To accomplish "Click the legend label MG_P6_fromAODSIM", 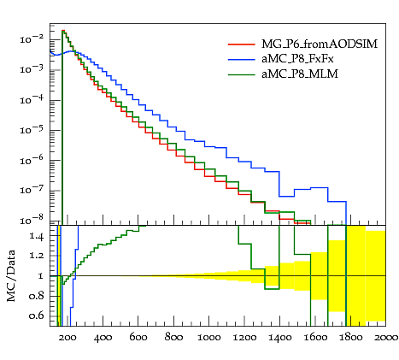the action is tap(320, 44).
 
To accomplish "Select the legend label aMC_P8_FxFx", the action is tap(297, 59).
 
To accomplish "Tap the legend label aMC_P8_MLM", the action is tap(300, 74).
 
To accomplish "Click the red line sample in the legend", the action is tap(242, 44).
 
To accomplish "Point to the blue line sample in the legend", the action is tap(242, 59).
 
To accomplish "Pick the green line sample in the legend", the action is tap(242, 74).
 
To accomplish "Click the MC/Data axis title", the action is tap(11, 275).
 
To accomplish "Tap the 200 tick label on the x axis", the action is tap(67, 338).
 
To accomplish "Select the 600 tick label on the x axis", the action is tap(138, 338).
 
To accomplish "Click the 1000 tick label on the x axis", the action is tap(208, 338).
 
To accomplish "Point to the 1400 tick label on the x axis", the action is tap(279, 338).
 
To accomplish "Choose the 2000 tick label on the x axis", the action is tap(385, 338).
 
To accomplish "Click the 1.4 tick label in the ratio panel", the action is tap(37, 236).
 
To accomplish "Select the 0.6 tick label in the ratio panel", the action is tap(37, 316).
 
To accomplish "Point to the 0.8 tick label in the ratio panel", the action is tap(37, 296).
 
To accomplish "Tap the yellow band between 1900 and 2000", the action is tap(376, 276).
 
